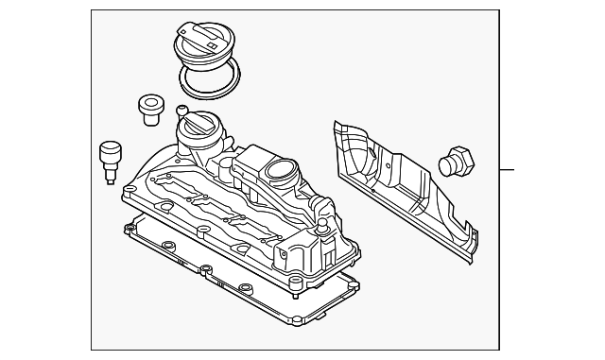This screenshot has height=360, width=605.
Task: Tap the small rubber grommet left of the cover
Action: click(149, 108)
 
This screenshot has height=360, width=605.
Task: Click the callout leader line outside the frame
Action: click(508, 170)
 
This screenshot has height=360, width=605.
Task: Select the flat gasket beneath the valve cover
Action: click(236, 274)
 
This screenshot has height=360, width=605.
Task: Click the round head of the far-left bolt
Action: click(110, 148)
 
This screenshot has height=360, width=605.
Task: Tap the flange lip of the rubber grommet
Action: click(149, 101)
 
